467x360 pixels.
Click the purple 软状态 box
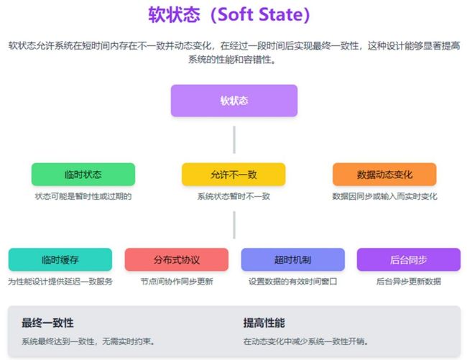[234, 101]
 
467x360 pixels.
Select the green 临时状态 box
[83, 174]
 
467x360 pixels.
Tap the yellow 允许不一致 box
[233, 174]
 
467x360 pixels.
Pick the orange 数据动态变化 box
[384, 174]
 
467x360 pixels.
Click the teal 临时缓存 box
[60, 259]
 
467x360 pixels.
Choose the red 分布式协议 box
[177, 259]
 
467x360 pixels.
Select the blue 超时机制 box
[292, 259]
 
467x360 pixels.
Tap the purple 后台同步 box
[409, 259]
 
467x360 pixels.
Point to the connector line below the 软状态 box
[234, 139]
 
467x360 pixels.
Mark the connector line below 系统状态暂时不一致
[234, 225]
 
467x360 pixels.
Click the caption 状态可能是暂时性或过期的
[83, 196]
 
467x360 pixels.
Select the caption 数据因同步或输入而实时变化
[384, 196]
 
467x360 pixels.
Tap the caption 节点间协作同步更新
[177, 282]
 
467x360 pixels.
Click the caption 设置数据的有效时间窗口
[292, 282]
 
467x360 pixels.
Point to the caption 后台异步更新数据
[409, 282]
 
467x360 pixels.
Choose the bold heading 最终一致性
[47, 323]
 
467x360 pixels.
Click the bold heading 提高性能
[264, 323]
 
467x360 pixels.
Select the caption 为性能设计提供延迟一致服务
[60, 282]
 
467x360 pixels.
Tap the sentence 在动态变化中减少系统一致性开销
[305, 341]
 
